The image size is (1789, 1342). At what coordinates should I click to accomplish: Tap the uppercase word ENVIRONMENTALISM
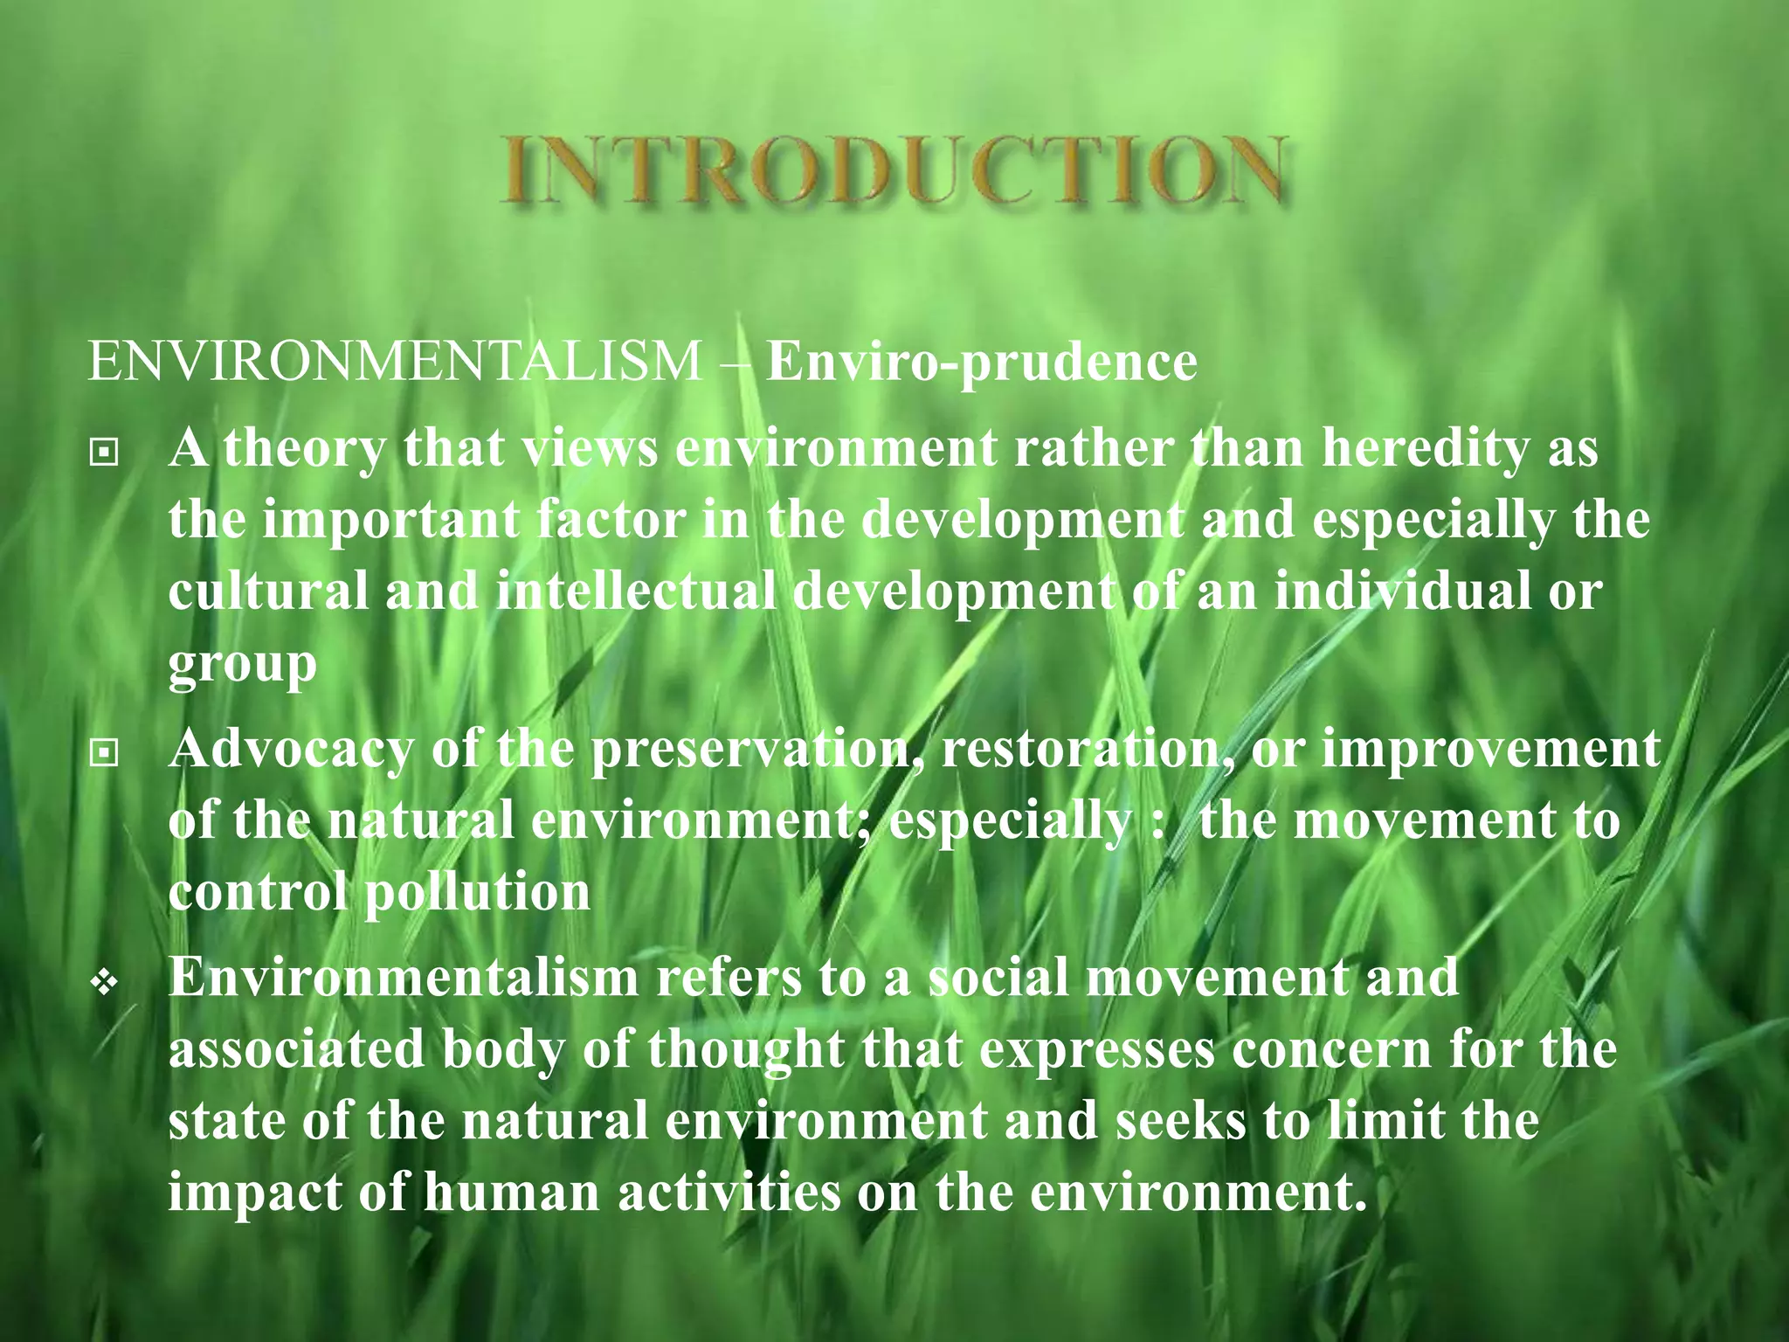[x=395, y=361]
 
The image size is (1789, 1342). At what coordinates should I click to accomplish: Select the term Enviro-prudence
[x=981, y=363]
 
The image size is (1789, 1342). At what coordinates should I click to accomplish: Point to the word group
[x=242, y=666]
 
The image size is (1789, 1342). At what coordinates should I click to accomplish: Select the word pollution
[x=477, y=893]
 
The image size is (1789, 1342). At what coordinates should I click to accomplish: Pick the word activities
[x=729, y=1193]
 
